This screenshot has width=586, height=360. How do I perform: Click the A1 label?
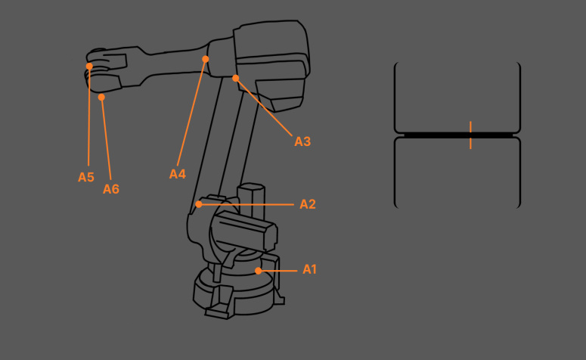point(309,269)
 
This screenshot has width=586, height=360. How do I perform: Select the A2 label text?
point(307,204)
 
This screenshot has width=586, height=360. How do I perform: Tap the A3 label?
point(302,141)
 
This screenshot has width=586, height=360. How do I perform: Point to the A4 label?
point(177,174)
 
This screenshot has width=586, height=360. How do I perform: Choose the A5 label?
point(86,177)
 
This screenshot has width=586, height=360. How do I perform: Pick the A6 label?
point(111,189)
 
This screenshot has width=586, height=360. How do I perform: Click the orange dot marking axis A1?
point(259,270)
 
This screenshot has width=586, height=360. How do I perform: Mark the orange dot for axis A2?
point(199,204)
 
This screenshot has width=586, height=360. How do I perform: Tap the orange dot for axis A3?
point(236,78)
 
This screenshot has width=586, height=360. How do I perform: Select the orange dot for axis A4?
point(206,58)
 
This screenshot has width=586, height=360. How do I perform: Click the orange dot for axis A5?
point(89,67)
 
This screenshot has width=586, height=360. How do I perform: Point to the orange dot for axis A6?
point(101,97)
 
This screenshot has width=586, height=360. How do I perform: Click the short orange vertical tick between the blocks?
point(470,135)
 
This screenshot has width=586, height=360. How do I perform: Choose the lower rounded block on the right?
point(457,172)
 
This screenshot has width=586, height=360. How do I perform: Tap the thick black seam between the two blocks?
point(431,135)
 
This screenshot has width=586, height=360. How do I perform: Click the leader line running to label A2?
point(250,204)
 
